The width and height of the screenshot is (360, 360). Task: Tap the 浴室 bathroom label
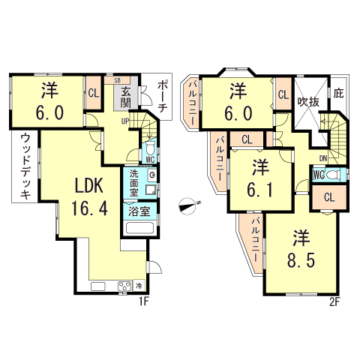click(x=139, y=211)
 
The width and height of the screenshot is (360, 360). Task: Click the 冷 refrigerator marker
click(x=139, y=286)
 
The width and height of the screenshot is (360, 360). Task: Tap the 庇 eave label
click(x=338, y=94)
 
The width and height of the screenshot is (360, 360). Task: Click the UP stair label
click(x=125, y=121)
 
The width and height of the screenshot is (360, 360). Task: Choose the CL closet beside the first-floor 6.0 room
click(x=94, y=94)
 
